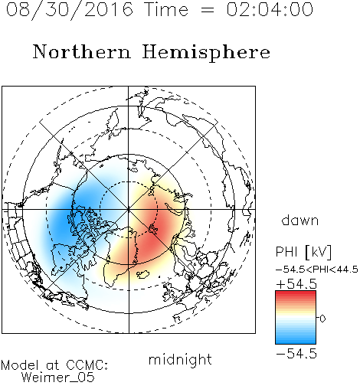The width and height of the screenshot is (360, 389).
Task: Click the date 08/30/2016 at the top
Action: click(70, 10)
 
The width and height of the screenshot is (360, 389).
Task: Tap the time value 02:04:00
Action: click(270, 9)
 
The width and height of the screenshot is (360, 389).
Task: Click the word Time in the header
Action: click(166, 9)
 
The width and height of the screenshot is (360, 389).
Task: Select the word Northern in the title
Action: click(82, 52)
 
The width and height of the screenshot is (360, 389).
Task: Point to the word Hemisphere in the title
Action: click(206, 53)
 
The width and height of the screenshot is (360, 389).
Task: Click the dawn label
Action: click(300, 220)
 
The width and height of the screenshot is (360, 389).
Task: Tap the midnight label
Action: click(180, 359)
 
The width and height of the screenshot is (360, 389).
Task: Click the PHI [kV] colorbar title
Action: click(303, 252)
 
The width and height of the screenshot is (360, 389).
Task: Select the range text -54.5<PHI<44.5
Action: click(317, 270)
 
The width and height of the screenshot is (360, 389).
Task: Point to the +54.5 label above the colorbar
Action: click(296, 284)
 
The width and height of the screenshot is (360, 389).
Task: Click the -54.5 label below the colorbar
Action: click(296, 354)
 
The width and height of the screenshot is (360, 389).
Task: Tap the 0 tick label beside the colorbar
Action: click(322, 319)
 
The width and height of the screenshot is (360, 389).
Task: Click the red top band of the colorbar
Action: click(296, 294)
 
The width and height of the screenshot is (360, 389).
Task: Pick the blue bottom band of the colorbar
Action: click(296, 340)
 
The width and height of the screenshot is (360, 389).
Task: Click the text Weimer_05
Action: click(58, 378)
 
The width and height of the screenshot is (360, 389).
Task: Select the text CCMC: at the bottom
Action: click(87, 365)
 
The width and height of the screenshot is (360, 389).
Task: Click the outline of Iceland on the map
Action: click(142, 275)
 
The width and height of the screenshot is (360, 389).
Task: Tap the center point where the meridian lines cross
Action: click(129, 210)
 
